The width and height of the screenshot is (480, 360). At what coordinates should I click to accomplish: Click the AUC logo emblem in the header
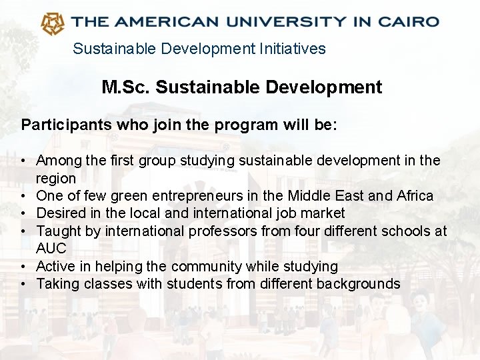(x=53, y=23)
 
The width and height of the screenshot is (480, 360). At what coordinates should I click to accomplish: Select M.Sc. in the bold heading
(x=126, y=87)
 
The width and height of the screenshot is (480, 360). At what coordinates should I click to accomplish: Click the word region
(x=56, y=178)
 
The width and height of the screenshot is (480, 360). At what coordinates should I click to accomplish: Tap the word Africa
(x=415, y=195)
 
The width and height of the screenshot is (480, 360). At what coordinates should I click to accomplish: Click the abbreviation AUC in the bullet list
(x=51, y=249)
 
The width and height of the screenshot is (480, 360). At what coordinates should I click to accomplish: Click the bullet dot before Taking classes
(x=23, y=284)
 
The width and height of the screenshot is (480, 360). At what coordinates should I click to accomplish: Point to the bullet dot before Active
(x=23, y=267)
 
